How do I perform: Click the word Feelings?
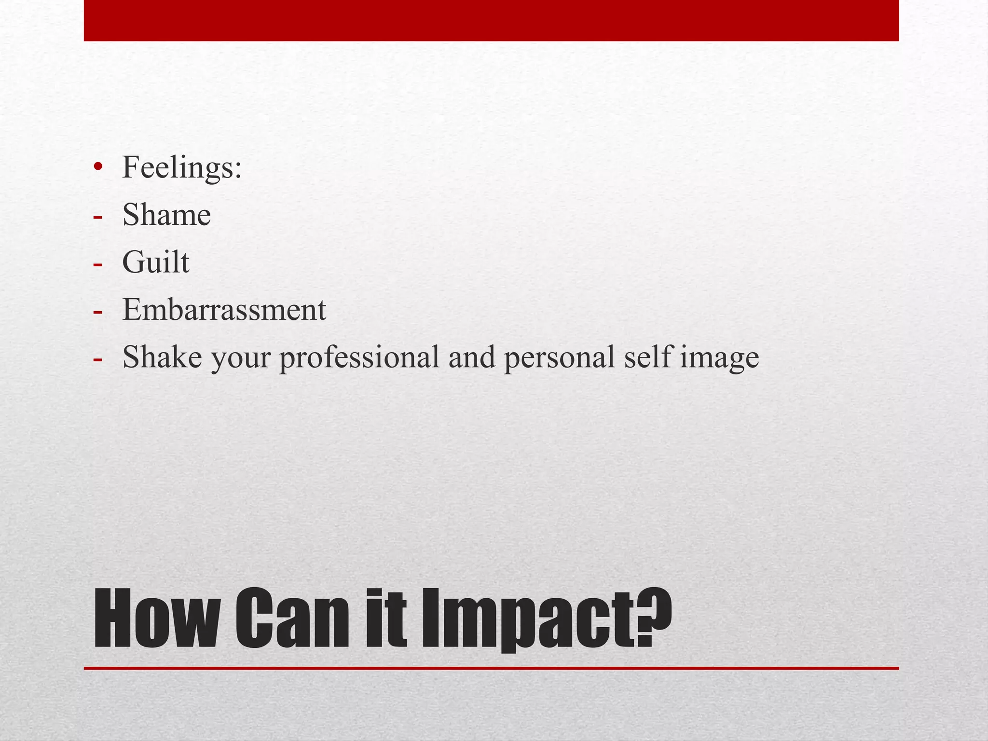pos(177,168)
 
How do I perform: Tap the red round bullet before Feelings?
pos(98,167)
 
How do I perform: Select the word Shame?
pos(166,215)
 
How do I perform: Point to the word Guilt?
pos(156,262)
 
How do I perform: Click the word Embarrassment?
pos(224,310)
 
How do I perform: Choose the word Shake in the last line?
pos(162,357)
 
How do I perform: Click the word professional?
pos(359,358)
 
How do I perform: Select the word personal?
pos(559,358)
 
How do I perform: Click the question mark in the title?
pos(652,615)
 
